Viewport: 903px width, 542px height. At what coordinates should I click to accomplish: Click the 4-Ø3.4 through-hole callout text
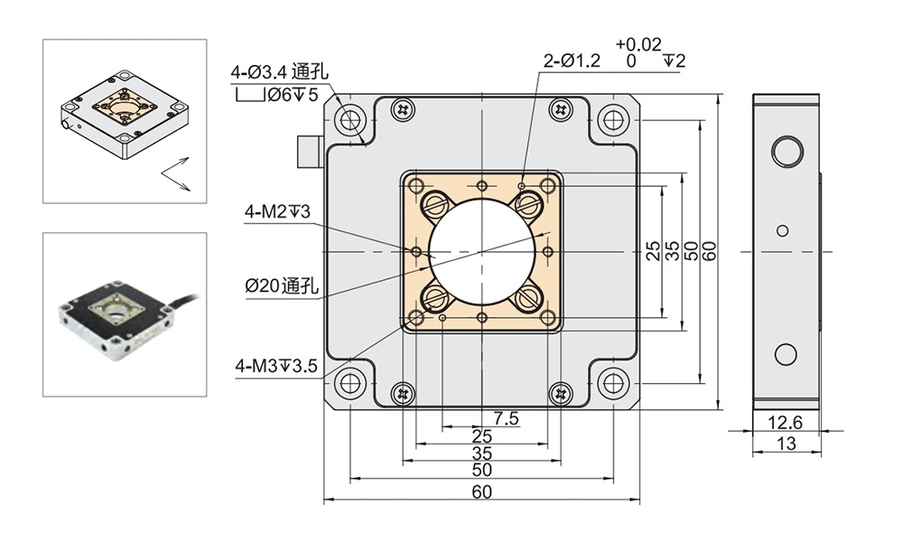(279, 71)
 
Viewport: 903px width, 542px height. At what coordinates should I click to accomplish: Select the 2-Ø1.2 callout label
(571, 61)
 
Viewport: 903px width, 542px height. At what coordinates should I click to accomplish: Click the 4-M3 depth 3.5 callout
(275, 366)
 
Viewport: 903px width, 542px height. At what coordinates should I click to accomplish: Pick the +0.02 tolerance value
(638, 43)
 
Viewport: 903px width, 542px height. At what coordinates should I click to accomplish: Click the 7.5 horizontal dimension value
(507, 418)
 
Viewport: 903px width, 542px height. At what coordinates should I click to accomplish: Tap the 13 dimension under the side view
(786, 443)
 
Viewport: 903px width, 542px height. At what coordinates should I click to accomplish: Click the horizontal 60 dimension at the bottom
(481, 491)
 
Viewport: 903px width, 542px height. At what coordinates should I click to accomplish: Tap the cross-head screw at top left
(402, 109)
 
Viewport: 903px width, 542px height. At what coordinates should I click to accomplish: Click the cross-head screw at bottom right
(562, 392)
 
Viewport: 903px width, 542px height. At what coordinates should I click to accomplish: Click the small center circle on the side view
(783, 231)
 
